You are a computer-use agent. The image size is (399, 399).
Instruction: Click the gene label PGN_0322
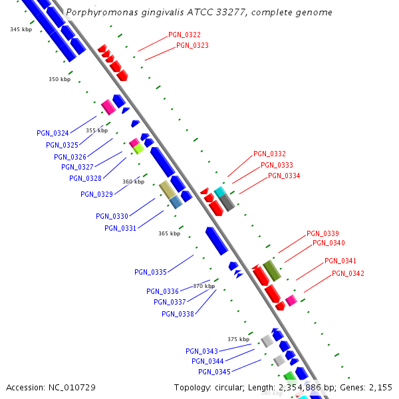coord(184,35)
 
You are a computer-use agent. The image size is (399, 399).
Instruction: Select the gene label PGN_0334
coord(284,176)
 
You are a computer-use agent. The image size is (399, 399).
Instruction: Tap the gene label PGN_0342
coord(348,273)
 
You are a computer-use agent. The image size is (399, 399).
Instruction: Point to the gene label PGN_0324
coord(53,134)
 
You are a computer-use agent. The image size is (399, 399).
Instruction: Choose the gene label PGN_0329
coord(96,195)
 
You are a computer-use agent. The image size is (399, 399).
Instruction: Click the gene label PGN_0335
coord(150,272)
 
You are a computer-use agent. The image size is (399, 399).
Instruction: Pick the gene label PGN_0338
coord(178,314)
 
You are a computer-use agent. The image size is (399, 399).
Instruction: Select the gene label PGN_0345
coord(214,372)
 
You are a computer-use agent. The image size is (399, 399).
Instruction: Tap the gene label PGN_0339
coord(323,234)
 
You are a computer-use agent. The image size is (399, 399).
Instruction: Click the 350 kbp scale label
coord(59,80)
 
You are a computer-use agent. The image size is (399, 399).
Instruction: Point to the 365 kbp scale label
coord(169,234)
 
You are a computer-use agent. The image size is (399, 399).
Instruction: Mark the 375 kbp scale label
coord(238,339)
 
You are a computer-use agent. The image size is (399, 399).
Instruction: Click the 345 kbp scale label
coord(21,30)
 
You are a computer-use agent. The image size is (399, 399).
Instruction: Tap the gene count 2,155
coord(380,387)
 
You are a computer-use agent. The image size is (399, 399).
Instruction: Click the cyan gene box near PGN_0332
coord(219,192)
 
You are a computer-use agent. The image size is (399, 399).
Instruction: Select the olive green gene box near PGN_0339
coord(272,269)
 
